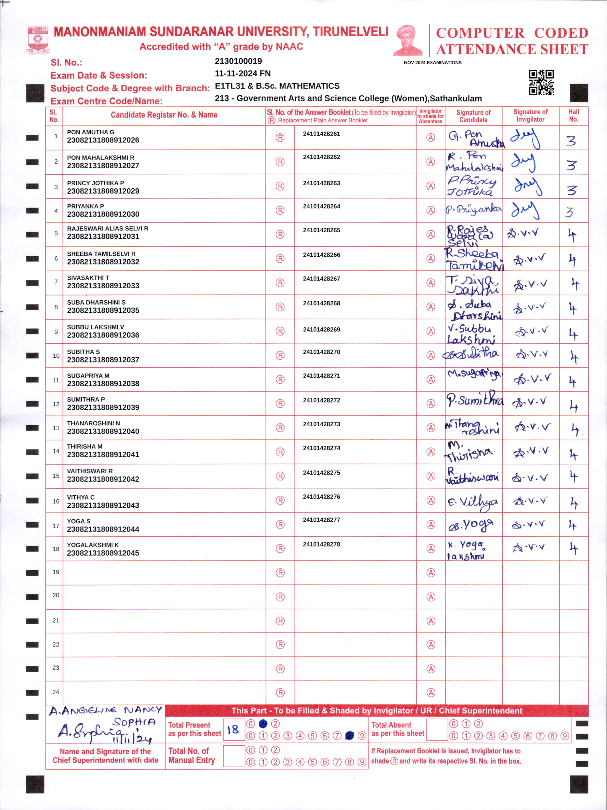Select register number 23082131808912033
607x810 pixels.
103,286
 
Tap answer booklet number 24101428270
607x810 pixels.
321,352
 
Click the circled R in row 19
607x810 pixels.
280,573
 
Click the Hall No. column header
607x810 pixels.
573,116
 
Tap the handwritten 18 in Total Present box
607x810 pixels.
233,729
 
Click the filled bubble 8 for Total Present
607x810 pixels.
350,735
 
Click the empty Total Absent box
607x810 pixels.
437,729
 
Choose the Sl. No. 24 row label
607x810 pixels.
56,692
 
